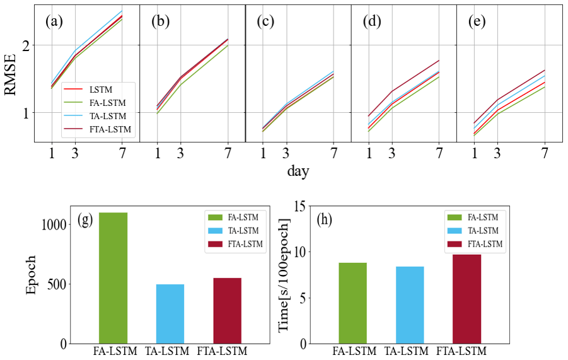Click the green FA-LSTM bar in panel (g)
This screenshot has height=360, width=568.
(113, 278)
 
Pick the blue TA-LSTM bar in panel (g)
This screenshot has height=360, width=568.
(170, 314)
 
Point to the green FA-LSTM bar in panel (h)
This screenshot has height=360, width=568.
(352, 303)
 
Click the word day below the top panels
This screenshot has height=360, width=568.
(298, 171)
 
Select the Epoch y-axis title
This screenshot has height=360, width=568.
(32, 275)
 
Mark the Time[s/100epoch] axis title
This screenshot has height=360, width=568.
(285, 275)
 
